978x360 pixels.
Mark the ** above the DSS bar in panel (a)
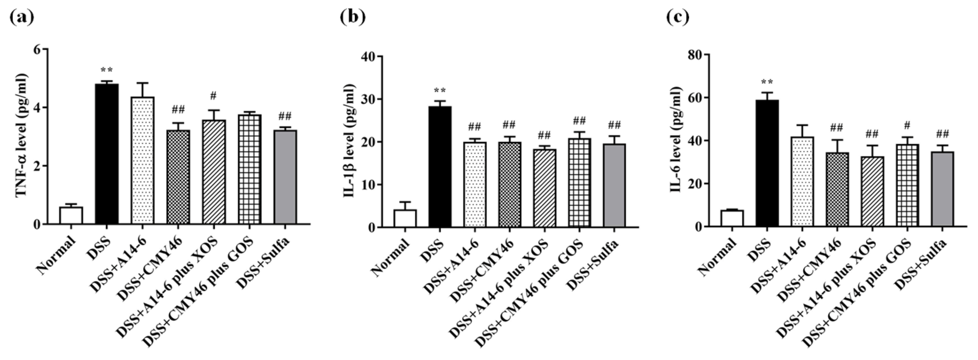(107, 70)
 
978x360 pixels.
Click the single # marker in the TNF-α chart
(213, 96)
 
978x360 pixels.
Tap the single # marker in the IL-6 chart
(907, 125)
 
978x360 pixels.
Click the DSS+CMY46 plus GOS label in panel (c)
(862, 296)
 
